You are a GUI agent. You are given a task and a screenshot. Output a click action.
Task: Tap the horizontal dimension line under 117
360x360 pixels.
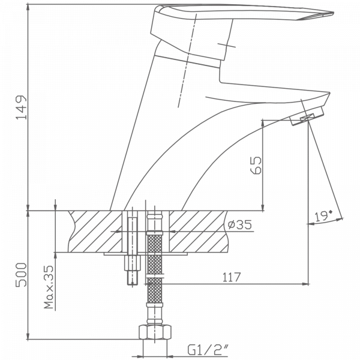pyautogui.click(x=234, y=283)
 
